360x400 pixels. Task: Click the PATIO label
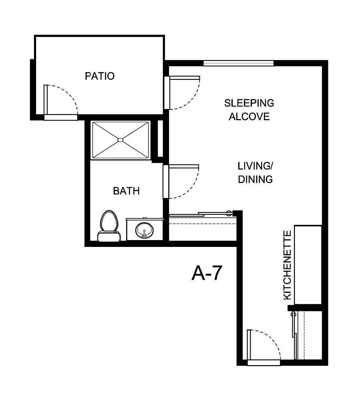[100, 76]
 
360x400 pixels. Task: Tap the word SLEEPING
[249, 103]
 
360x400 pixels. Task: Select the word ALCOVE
[249, 117]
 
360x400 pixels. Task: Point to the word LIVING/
[255, 166]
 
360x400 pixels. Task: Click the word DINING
[255, 179]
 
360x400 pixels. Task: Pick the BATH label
[127, 191]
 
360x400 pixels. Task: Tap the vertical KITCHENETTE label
[288, 265]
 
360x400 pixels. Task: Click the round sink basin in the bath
[143, 230]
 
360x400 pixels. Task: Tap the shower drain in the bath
[120, 140]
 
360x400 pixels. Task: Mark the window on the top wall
[239, 63]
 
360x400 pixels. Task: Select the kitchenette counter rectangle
[308, 265]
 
